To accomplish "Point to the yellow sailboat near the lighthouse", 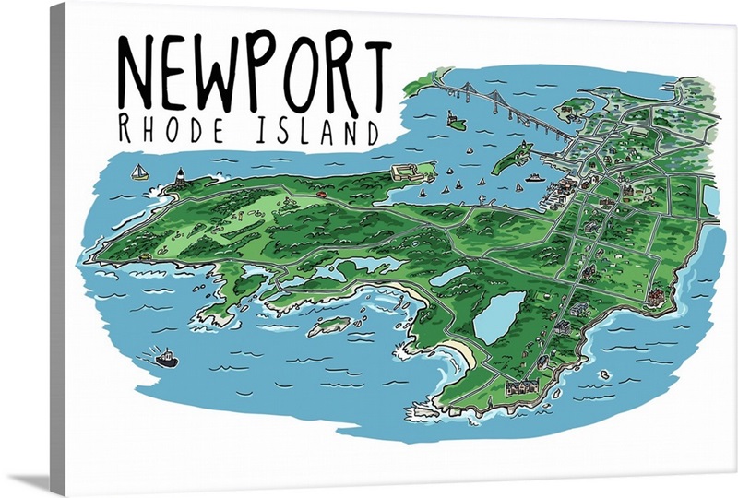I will [138, 172].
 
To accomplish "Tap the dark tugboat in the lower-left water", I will [166, 358].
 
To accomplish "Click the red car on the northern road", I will [322, 195].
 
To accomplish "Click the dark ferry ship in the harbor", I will [534, 176].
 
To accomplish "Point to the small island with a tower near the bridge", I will [454, 119].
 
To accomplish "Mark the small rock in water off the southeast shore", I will [604, 375].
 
